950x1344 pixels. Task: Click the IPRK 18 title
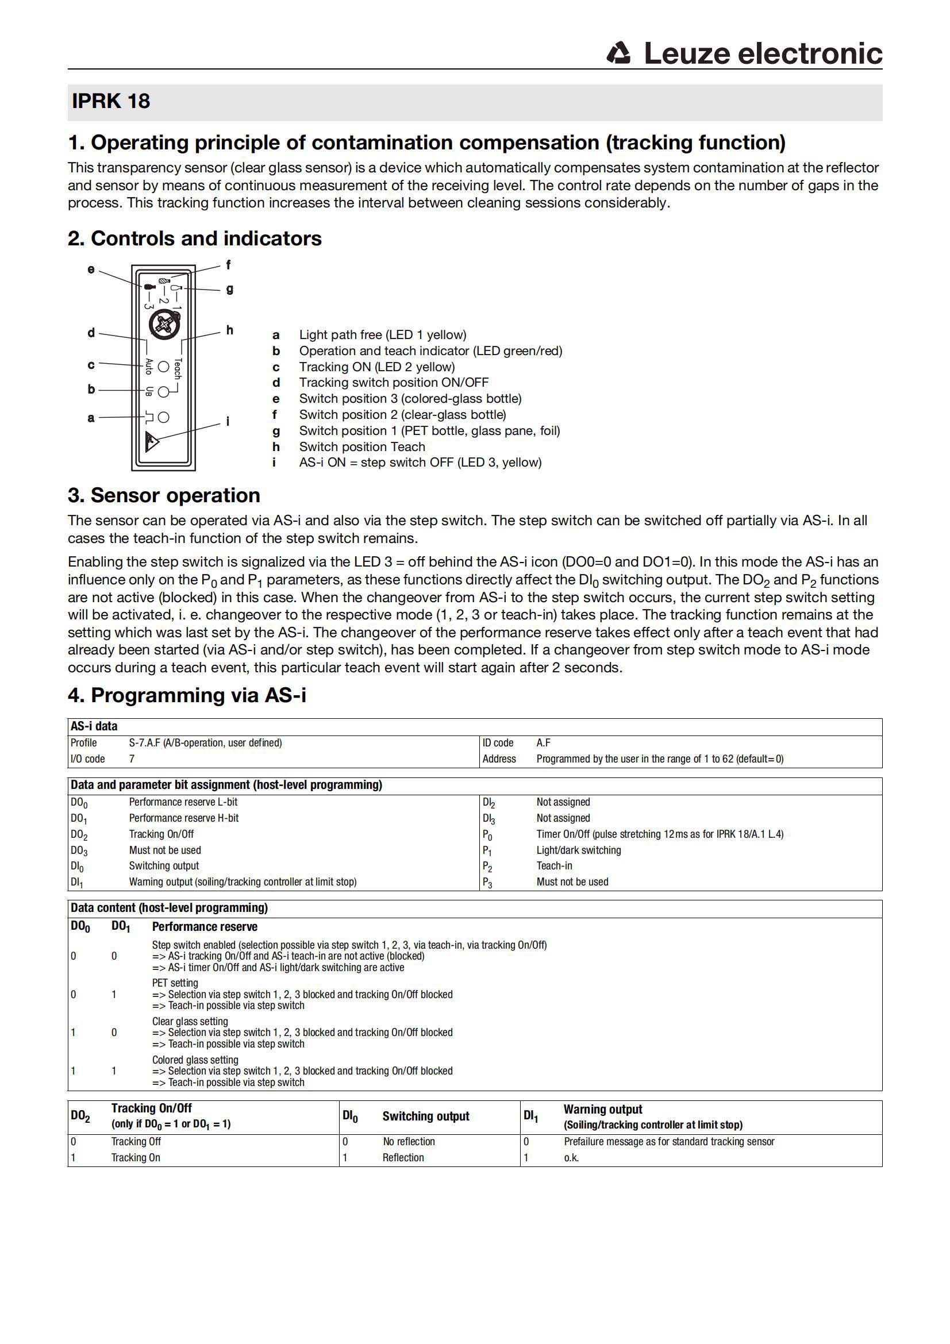tap(110, 101)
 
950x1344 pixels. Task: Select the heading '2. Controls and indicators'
tap(194, 238)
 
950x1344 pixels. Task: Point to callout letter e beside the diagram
tap(91, 269)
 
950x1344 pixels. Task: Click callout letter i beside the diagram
tap(228, 421)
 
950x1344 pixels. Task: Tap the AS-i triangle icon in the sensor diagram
tap(152, 441)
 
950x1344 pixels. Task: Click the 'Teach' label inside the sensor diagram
tap(178, 368)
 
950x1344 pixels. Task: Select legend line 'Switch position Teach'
tap(361, 446)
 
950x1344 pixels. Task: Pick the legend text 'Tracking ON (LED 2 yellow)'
tap(376, 367)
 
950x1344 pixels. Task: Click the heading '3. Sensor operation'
tap(164, 495)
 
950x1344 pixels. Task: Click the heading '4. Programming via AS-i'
tap(187, 695)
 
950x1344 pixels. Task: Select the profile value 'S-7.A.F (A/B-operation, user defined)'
tap(205, 743)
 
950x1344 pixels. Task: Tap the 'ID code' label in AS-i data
tap(498, 743)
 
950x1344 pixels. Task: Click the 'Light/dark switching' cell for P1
tap(578, 850)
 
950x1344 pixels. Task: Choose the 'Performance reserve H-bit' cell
tap(184, 818)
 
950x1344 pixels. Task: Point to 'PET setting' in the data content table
tap(175, 983)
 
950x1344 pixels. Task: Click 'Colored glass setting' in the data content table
tap(195, 1060)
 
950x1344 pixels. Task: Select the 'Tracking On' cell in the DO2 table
tap(136, 1157)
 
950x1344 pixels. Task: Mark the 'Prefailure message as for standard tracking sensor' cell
tap(668, 1142)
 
